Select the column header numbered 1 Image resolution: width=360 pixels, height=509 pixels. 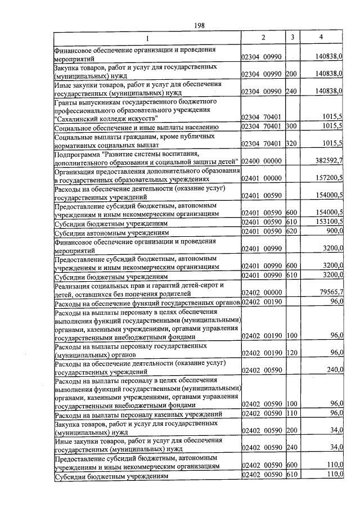(147, 38)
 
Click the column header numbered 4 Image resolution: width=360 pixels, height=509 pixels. (321, 37)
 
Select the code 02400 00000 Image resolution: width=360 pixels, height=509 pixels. (262, 161)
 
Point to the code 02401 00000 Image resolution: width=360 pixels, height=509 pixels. (262, 178)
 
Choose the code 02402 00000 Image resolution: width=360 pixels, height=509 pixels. (262, 292)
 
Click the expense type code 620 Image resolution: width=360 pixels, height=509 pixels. (291, 231)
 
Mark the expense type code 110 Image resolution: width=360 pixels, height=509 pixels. (291, 413)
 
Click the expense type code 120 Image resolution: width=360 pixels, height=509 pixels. (291, 352)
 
